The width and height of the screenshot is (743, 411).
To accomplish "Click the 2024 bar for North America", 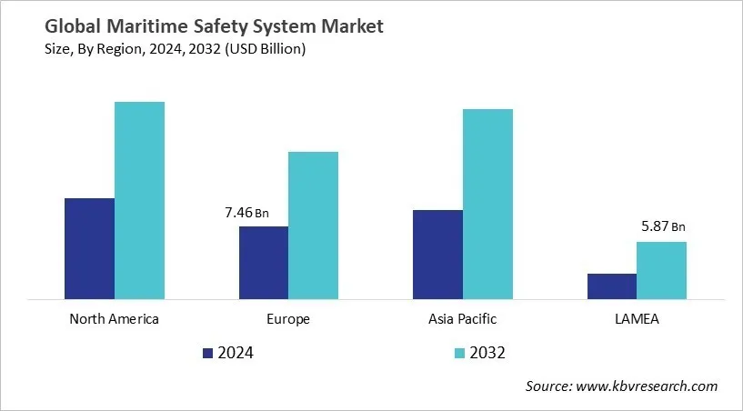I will [89, 248].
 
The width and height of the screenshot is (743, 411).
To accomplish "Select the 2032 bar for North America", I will [139, 200].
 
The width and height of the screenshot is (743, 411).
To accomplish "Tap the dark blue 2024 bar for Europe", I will [264, 262].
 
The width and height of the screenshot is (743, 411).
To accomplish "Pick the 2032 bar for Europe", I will [313, 225].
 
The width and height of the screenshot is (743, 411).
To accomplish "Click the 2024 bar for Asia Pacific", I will [437, 254].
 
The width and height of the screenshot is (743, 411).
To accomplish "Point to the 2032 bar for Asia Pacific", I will [487, 204].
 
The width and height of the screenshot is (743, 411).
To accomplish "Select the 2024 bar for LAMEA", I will [611, 286].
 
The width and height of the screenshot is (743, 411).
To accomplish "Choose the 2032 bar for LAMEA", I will [661, 270].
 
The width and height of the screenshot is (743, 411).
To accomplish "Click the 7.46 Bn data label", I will [246, 213].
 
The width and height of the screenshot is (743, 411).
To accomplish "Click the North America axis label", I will [114, 319].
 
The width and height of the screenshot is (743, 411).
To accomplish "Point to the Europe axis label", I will [288, 319].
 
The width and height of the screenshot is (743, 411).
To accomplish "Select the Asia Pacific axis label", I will [462, 319].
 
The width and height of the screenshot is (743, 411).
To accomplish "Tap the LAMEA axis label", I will [637, 319].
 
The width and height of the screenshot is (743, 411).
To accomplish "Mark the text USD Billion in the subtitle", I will [269, 49].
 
